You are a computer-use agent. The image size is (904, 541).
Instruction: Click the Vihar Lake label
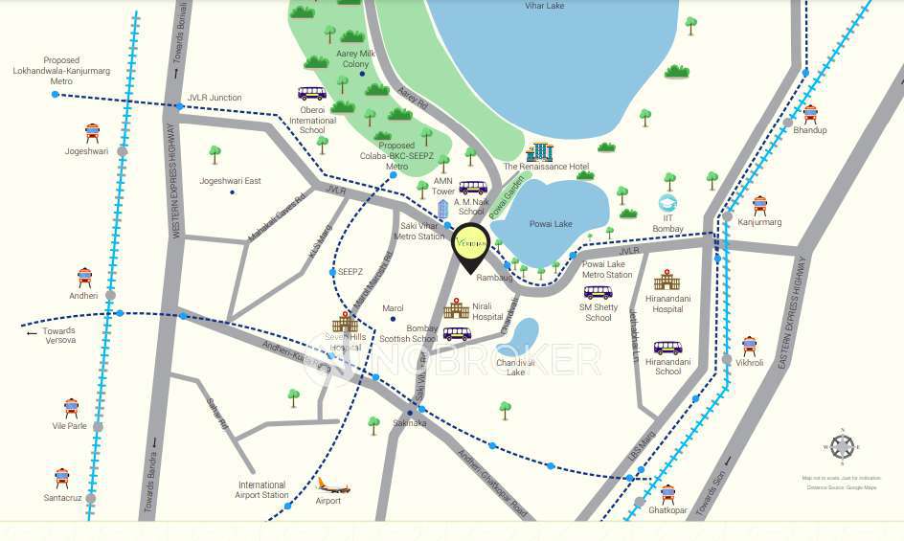pyautogui.click(x=545, y=6)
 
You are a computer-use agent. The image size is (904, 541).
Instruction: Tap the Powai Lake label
pyautogui.click(x=551, y=224)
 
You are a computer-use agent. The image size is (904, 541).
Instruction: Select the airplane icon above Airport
pyautogui.click(x=332, y=485)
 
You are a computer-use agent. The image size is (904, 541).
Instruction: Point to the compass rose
pyautogui.click(x=842, y=447)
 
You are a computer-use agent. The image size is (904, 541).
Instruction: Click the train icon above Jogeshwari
pyautogui.click(x=92, y=133)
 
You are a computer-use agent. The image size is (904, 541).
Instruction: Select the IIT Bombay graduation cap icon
pyautogui.click(x=667, y=203)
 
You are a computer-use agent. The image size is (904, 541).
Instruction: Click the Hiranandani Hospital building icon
pyautogui.click(x=667, y=280)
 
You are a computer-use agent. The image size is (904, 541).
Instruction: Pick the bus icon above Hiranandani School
pyautogui.click(x=667, y=349)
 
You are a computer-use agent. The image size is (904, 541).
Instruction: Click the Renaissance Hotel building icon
pyautogui.click(x=540, y=151)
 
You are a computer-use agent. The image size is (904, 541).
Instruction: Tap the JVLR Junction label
pyautogui.click(x=215, y=98)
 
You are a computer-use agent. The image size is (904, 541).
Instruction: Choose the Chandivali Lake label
pyautogui.click(x=515, y=367)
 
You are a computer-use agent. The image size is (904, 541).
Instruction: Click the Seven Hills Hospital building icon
pyautogui.click(x=345, y=323)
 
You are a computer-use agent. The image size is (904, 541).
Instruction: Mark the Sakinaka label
pyautogui.click(x=409, y=422)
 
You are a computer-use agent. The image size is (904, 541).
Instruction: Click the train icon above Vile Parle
pyautogui.click(x=71, y=409)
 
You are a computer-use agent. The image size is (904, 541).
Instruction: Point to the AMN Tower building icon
pyautogui.click(x=442, y=209)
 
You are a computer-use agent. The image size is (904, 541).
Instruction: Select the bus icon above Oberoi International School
pyautogui.click(x=311, y=94)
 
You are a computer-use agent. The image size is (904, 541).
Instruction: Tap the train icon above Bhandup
pyautogui.click(x=810, y=114)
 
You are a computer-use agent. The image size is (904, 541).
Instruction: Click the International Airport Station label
pyautogui.click(x=261, y=489)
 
